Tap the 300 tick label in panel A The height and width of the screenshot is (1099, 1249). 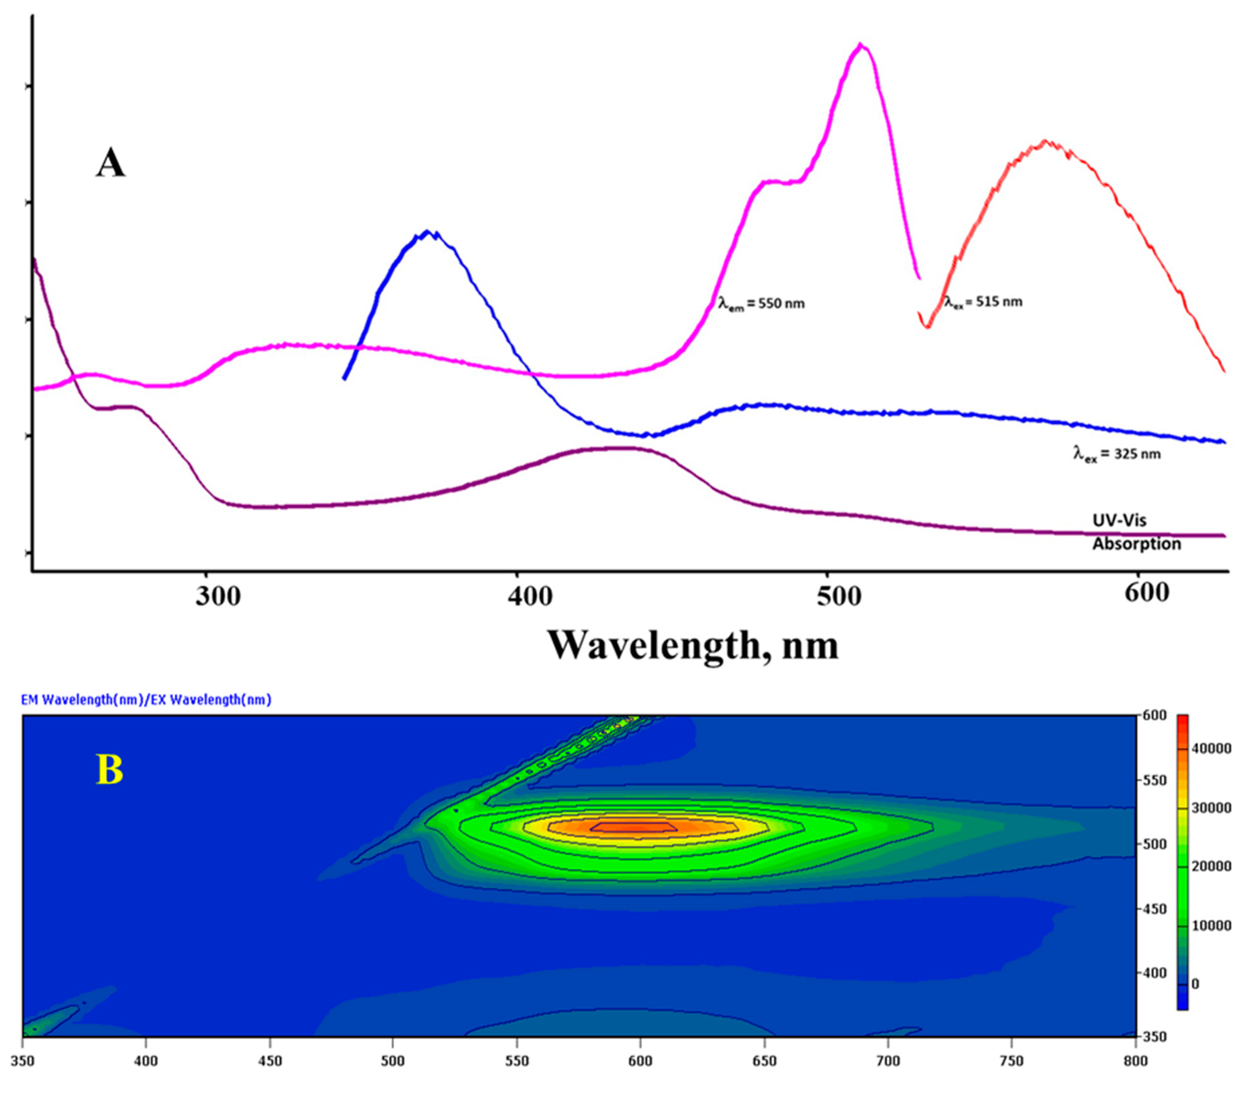tap(218, 596)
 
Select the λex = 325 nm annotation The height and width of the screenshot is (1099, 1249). tap(1117, 454)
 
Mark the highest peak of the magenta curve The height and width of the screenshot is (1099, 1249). tap(860, 45)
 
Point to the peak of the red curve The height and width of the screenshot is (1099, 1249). tap(1046, 142)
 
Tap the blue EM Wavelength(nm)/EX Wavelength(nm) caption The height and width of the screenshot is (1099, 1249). tap(146, 699)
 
